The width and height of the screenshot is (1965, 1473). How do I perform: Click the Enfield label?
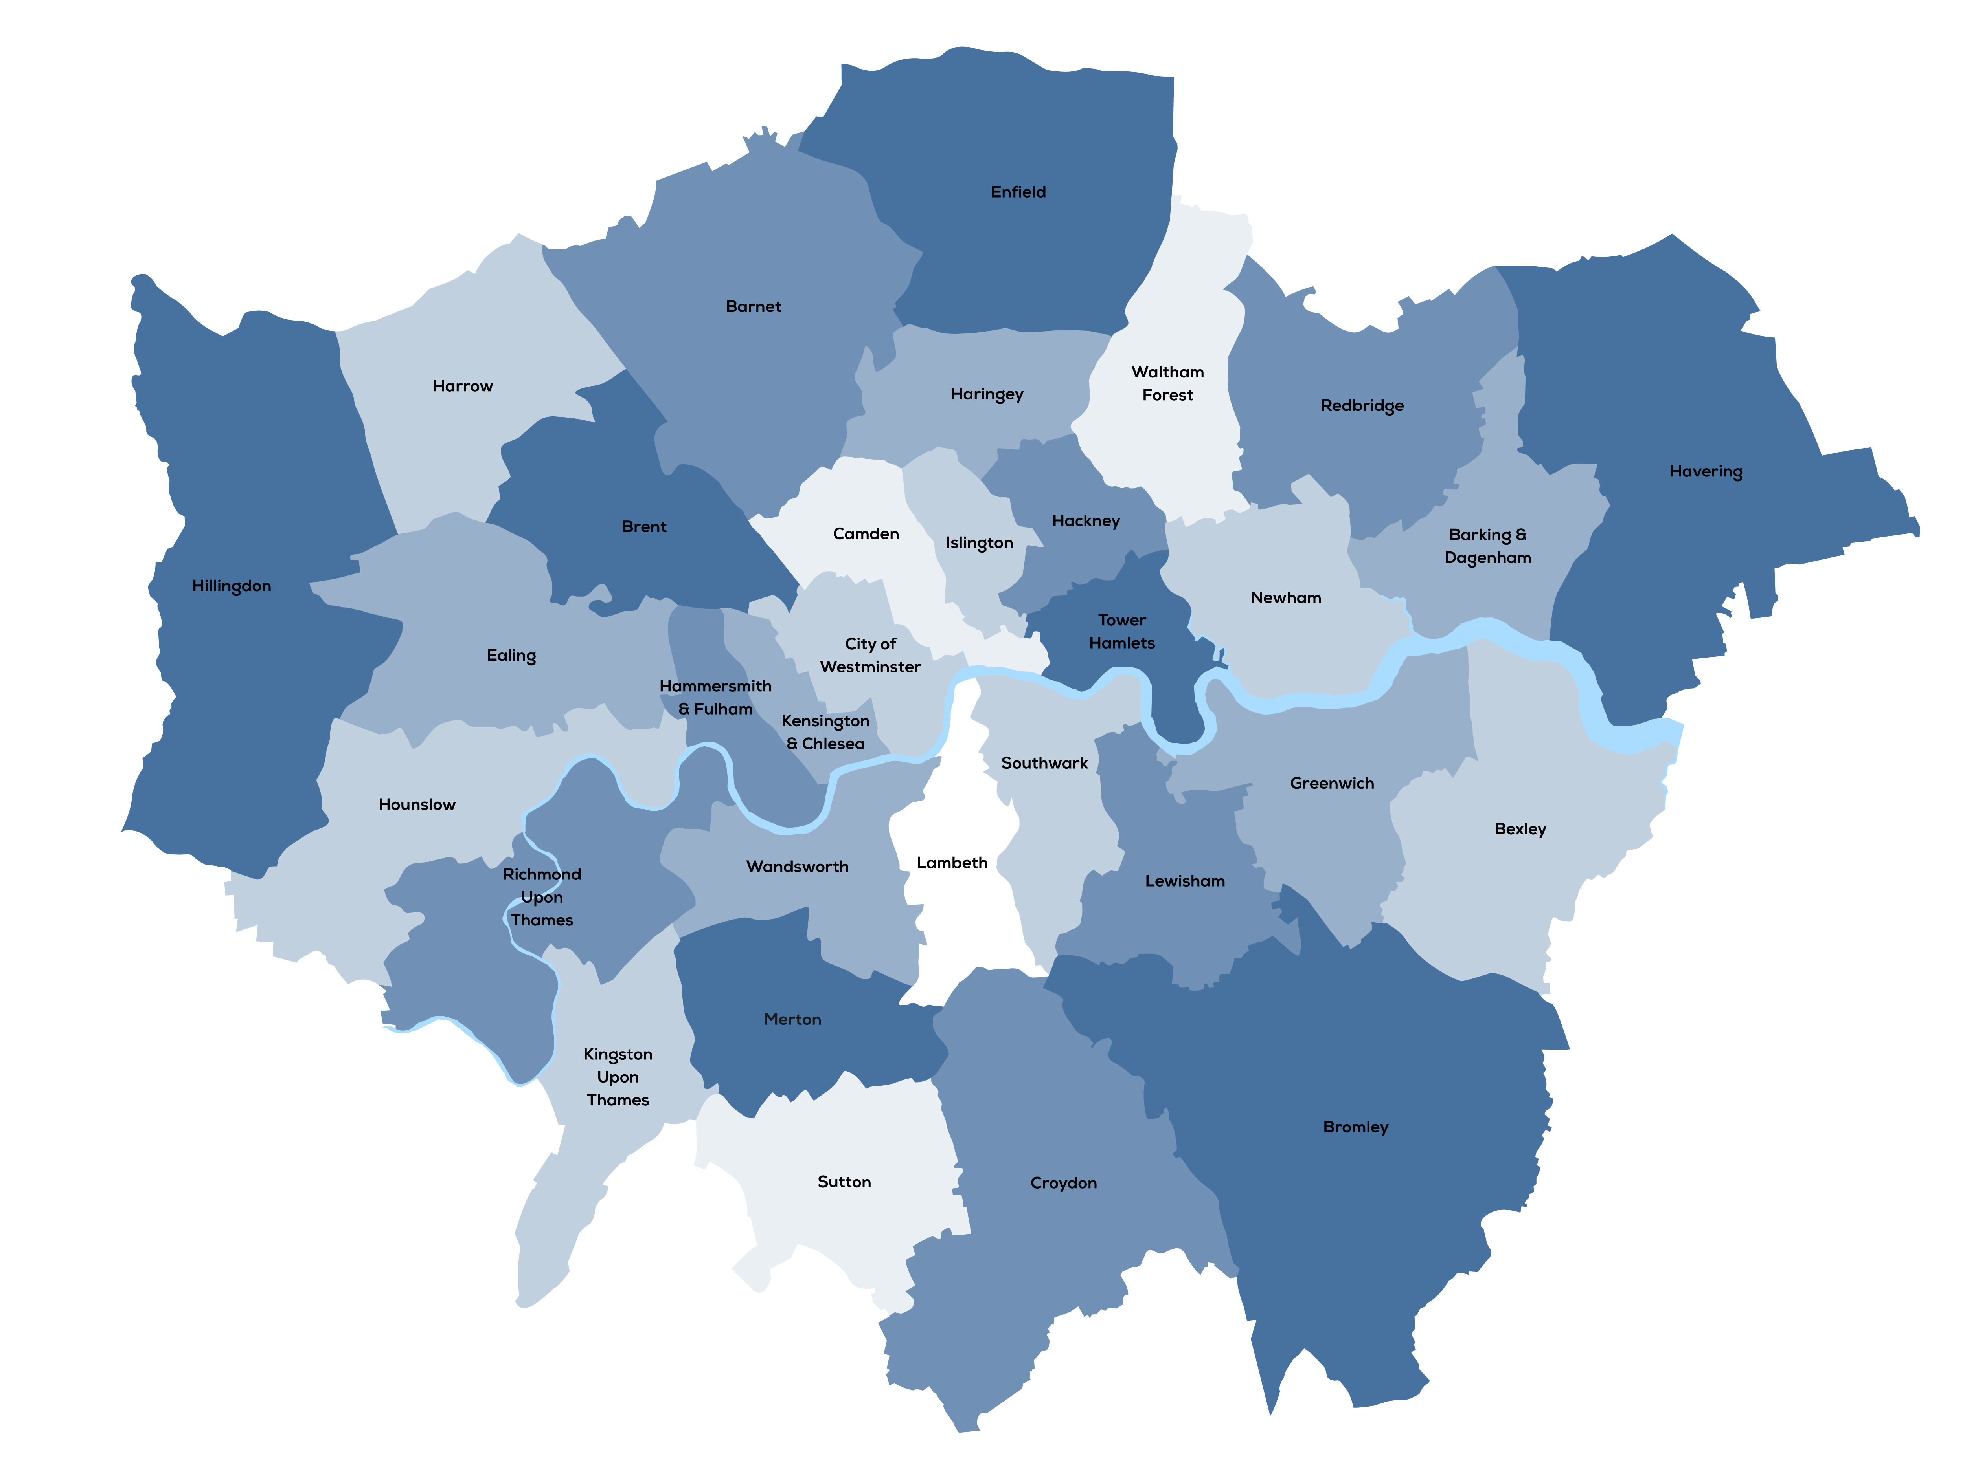point(1018,192)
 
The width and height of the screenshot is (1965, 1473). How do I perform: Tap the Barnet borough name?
point(753,306)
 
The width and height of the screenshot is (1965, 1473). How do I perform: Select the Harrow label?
point(462,386)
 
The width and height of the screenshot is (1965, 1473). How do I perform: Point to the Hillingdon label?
point(231,586)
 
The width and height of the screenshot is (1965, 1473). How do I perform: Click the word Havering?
point(1706,471)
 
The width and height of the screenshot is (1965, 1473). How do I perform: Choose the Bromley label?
point(1355,1127)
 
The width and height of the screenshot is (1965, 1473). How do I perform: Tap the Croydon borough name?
point(1063,1183)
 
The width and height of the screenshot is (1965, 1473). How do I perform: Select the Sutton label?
point(844,1182)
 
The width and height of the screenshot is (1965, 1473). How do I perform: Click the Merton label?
point(792,1019)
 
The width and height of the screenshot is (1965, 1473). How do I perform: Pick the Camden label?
point(865,533)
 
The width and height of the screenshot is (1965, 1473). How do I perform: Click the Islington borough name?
point(979,542)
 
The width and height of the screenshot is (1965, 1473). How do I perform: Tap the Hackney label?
point(1086,520)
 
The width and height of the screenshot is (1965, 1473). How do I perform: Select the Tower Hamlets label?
point(1122,631)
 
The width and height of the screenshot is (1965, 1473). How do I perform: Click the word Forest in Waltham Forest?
point(1167,395)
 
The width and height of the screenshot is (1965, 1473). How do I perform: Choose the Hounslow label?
point(417,804)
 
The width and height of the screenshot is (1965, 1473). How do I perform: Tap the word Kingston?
point(618,1054)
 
